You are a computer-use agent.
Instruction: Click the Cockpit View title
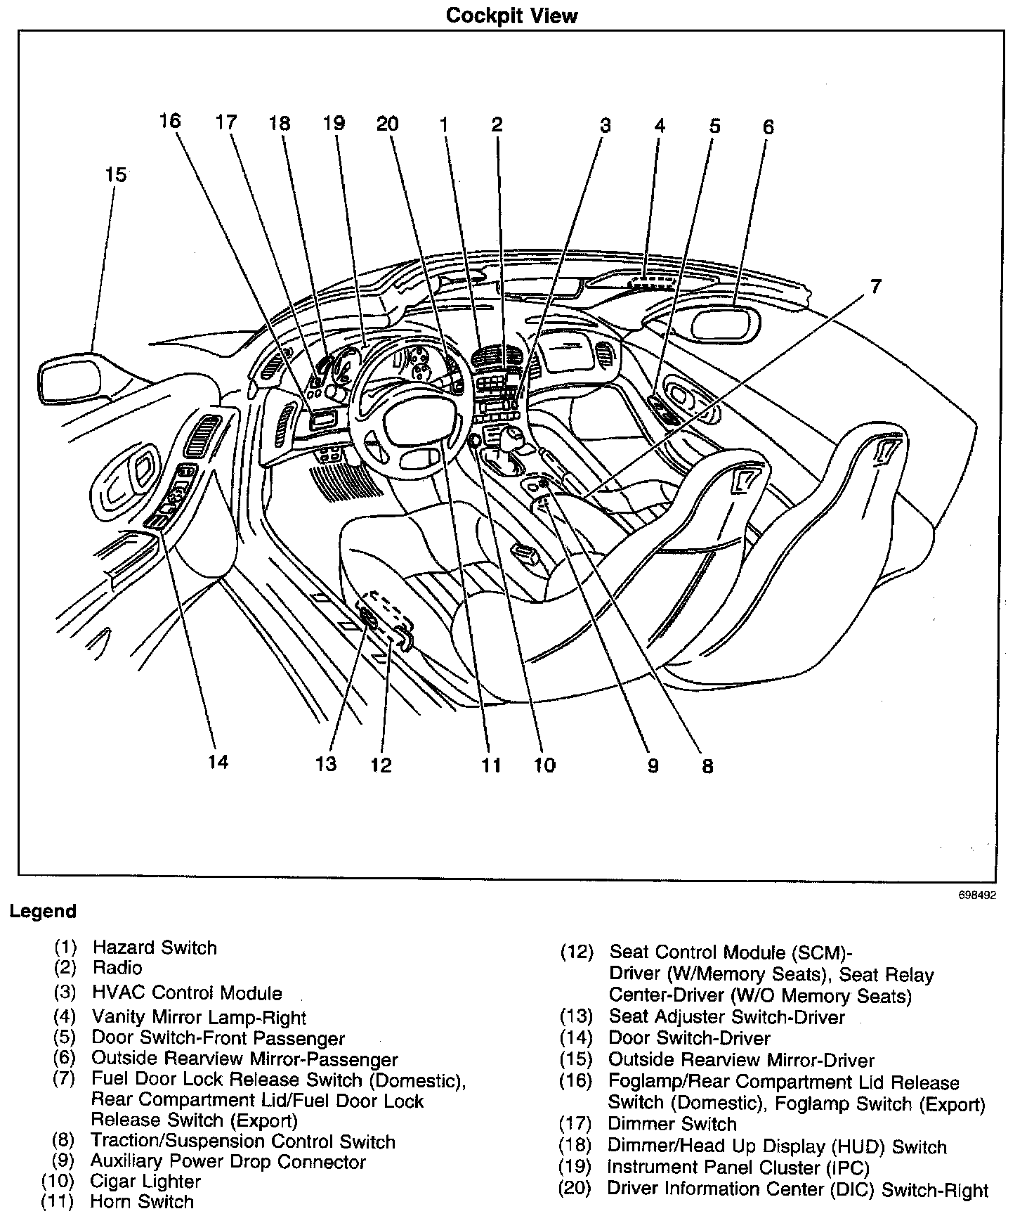pos(511,15)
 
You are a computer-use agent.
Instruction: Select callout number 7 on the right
pos(875,287)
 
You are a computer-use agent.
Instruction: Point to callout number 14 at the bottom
pos(218,761)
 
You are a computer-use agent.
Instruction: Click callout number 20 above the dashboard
pos(387,124)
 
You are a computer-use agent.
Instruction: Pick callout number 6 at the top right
pos(768,127)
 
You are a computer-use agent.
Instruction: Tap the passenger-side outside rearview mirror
pos(726,324)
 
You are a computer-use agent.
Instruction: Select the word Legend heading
pos(43,912)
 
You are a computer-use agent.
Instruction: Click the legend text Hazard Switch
pos(155,947)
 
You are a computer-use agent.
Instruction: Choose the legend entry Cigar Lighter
pos(145,1182)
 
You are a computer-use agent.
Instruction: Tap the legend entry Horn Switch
pos(142,1202)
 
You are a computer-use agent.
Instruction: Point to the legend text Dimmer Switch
pos(672,1124)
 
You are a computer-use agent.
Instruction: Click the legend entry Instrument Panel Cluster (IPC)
pos(738,1168)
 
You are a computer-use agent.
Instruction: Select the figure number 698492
pos(976,895)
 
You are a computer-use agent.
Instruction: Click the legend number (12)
pos(576,953)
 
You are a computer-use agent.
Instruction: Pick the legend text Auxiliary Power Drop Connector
pos(228,1162)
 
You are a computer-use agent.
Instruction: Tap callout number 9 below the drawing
pos(653,765)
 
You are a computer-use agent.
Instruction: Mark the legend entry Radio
pos(117,968)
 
